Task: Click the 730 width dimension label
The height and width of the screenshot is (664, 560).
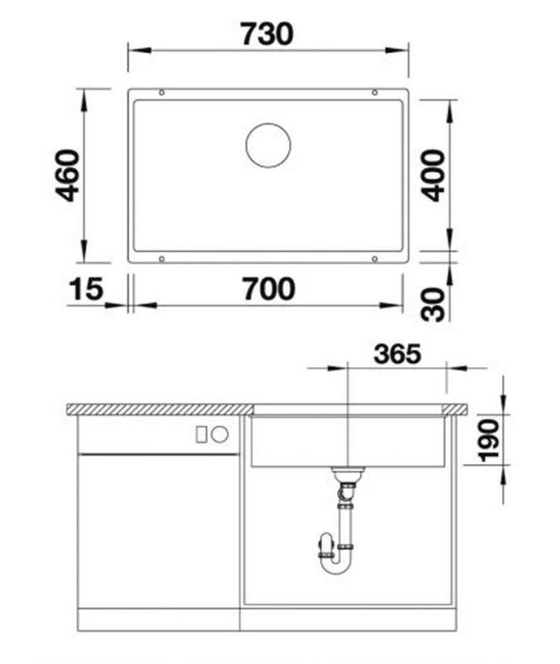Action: coord(267,34)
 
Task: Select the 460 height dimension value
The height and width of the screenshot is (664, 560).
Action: coord(68,175)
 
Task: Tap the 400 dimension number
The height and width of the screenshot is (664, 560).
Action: coord(433,175)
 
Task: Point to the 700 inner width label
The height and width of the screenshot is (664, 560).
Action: coord(268,289)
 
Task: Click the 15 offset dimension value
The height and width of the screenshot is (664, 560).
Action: coord(86,289)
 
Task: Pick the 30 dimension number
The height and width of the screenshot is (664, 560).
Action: coord(433,305)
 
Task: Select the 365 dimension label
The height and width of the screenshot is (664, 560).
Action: coord(397,354)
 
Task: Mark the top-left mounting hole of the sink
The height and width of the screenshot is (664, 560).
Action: coord(161,92)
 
